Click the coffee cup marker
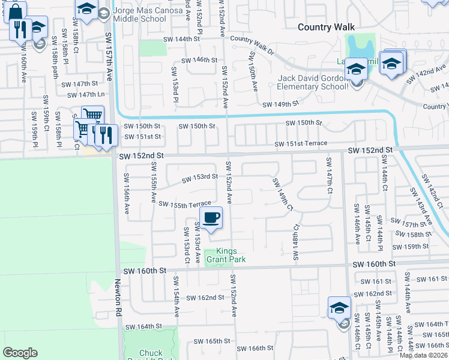coord(210,218)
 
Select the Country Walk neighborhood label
coord(327,27)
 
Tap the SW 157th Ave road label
coord(110,69)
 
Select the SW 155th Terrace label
coord(184,205)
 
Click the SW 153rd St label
coord(200,177)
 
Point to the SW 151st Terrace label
coord(301,143)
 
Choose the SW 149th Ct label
coord(282,194)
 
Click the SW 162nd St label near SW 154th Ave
coord(205,298)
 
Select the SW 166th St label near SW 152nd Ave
coord(254,348)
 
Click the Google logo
coord(20,353)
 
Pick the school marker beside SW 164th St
coord(339,309)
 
